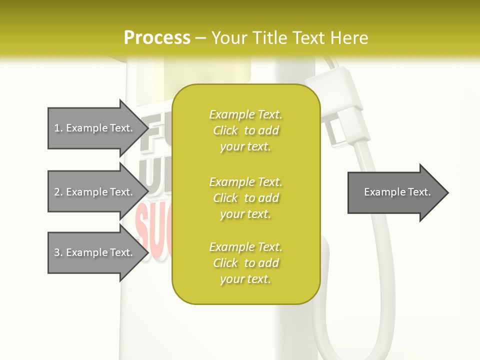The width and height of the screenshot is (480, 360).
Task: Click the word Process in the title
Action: pyautogui.click(x=157, y=38)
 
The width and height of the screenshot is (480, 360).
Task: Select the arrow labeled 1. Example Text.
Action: pyautogui.click(x=95, y=128)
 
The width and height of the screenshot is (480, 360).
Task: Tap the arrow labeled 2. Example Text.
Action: pyautogui.click(x=95, y=192)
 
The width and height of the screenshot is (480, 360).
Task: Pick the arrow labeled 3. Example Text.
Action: pyautogui.click(x=95, y=252)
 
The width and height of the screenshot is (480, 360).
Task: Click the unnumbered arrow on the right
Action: pyautogui.click(x=395, y=192)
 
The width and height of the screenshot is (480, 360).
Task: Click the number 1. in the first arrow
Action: pyautogui.click(x=58, y=128)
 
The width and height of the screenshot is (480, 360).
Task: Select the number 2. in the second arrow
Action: pyautogui.click(x=58, y=192)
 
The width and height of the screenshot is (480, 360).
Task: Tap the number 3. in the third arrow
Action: pyautogui.click(x=58, y=252)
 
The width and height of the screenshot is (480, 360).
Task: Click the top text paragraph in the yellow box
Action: pyautogui.click(x=245, y=130)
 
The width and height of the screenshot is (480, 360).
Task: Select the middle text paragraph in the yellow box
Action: pyautogui.click(x=245, y=198)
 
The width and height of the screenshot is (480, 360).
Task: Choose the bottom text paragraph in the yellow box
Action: pyautogui.click(x=245, y=263)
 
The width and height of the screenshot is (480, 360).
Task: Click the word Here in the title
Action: pyautogui.click(x=350, y=38)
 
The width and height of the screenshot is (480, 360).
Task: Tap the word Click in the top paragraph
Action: pyautogui.click(x=225, y=130)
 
